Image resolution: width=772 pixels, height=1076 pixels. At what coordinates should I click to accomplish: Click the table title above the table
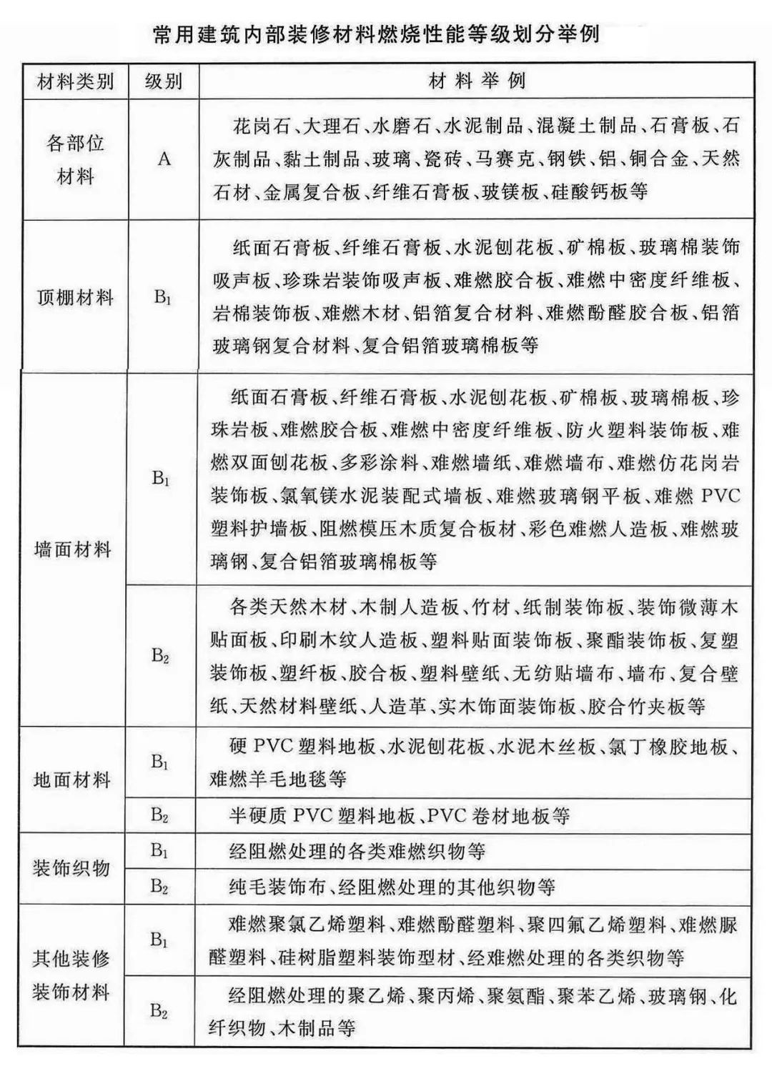pos(376,34)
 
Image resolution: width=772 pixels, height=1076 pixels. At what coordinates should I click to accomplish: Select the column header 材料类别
pos(75,81)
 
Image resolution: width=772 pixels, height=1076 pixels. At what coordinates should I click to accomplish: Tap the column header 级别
pos(163,81)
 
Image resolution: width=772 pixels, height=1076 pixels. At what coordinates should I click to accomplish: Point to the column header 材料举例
pos(477,81)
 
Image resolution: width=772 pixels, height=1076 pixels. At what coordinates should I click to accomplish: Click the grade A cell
pos(164,159)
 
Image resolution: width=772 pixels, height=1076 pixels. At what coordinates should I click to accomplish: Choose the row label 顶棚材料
pos(75,297)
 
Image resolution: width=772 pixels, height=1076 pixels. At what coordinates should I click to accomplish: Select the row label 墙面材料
pos(73,549)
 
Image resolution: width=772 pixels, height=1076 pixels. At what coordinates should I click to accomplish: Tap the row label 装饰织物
pos(71,868)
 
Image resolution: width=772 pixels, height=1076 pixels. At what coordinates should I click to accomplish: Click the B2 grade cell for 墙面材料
pos(160,655)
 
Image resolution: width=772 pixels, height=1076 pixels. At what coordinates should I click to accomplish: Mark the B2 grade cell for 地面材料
pos(159,815)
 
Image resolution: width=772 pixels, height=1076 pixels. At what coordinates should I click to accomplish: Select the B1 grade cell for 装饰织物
pos(159,850)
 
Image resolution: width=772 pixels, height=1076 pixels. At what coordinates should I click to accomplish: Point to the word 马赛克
pos(505,159)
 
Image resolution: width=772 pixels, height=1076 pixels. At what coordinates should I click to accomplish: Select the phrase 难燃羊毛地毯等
pos(278,779)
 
